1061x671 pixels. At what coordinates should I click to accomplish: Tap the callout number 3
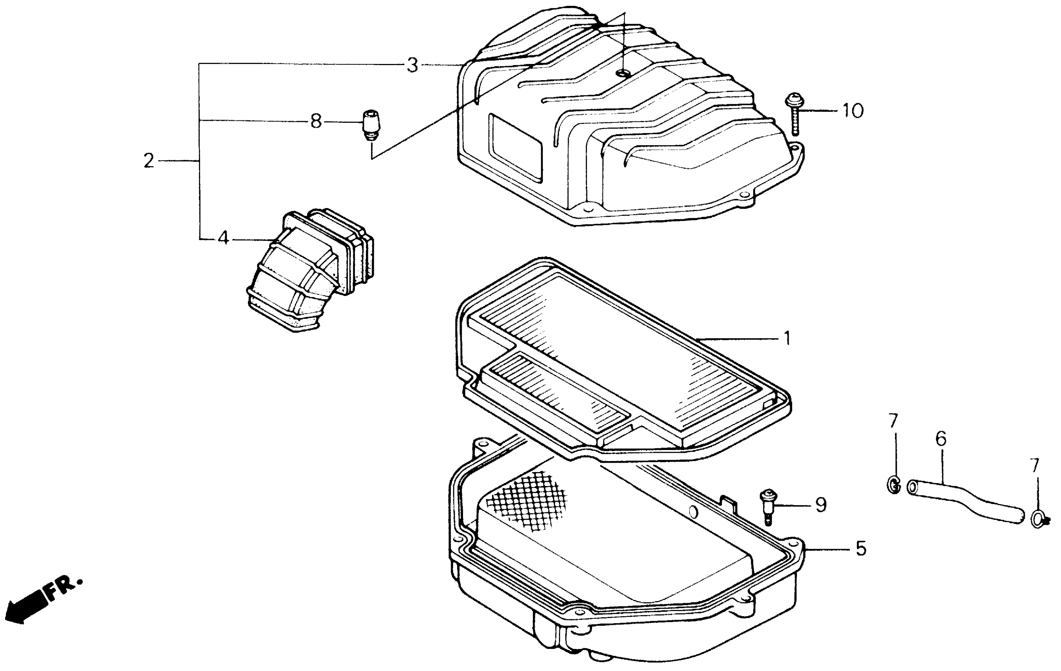point(412,66)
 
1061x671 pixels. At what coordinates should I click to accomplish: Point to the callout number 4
point(223,239)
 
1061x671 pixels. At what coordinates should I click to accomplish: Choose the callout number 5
point(861,549)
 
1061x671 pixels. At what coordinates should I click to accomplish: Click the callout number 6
point(941,440)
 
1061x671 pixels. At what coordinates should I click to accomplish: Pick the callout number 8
point(316,121)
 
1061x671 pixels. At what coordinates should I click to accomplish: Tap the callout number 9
point(821,505)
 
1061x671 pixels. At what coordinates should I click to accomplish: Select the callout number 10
point(853,111)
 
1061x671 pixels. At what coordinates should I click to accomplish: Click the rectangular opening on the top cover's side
point(516,148)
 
